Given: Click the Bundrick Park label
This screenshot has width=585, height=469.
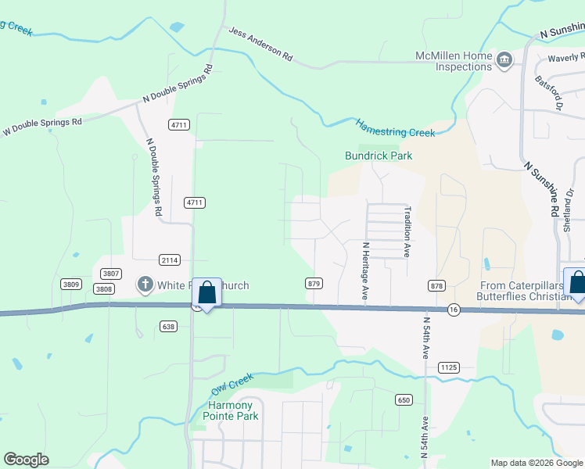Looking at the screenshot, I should click(379, 156).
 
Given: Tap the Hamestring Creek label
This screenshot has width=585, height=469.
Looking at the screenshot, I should click(395, 127).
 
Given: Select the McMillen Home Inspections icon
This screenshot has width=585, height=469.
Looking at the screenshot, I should click(504, 60).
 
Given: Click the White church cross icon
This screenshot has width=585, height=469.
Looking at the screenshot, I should click(145, 285).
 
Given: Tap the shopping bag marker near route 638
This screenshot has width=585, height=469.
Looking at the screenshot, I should click(206, 294).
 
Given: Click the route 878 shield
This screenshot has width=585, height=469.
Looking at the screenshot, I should click(436, 287).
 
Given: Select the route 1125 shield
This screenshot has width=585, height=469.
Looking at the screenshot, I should click(448, 367).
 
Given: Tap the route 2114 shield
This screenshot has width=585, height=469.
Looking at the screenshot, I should click(170, 260).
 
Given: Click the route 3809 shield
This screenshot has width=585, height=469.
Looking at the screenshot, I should click(71, 284).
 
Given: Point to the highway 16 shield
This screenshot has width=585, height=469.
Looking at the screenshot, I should click(454, 310).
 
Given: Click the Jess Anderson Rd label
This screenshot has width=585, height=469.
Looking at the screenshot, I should click(260, 45).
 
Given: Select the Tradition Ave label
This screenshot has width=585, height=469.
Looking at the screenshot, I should click(407, 232).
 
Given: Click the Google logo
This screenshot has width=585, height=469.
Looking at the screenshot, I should click(26, 460).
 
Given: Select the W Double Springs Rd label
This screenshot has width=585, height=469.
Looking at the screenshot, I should click(43, 126).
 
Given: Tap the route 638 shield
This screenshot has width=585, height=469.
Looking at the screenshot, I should click(168, 326).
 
